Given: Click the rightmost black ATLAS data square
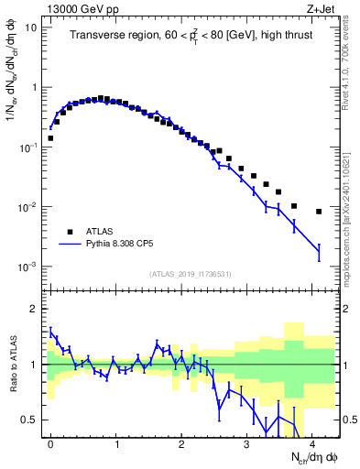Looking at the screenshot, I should click(319, 212).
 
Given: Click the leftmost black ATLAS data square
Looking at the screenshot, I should click(50, 138).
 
